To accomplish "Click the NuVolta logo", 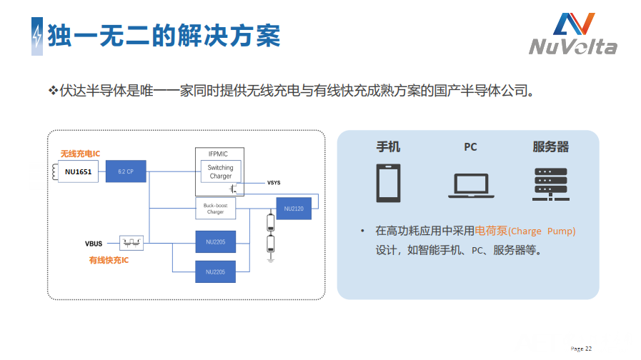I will tap(573, 34).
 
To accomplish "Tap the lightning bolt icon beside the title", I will tap(36, 36).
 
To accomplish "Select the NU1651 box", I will tap(78, 171).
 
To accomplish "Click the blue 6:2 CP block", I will tap(126, 171).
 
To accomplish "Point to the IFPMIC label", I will tap(220, 154).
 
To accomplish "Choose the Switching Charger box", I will tap(220, 171).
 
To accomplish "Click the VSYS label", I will tap(274, 183).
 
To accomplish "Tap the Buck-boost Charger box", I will tap(215, 209).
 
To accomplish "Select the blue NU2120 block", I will tap(294, 209).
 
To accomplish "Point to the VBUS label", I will tap(94, 244).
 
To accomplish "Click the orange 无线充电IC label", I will tap(81, 154).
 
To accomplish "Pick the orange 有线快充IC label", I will tap(109, 261).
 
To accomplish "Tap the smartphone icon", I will tap(389, 184).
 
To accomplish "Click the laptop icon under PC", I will tap(470, 185).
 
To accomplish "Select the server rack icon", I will tap(550, 184).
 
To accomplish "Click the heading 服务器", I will tap(550, 147).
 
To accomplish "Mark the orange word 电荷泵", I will tap(491, 231).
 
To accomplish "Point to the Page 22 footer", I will tap(581, 349).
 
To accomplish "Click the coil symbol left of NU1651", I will tap(55, 171).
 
